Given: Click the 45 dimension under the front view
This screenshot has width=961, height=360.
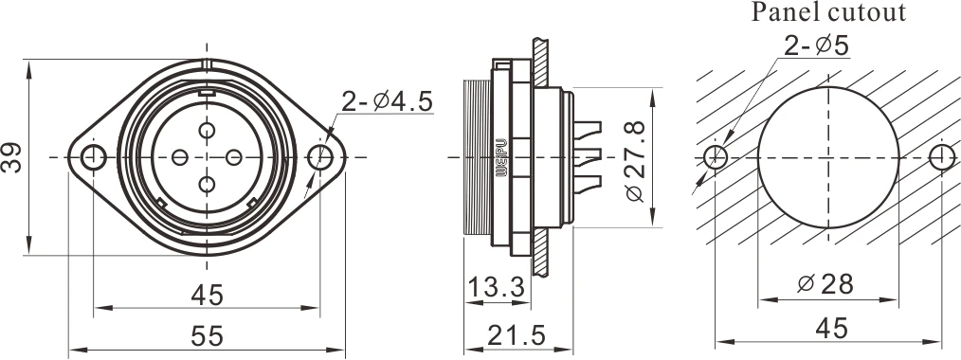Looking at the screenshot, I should (x=207, y=296).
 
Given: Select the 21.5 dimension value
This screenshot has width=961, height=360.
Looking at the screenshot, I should (x=514, y=334).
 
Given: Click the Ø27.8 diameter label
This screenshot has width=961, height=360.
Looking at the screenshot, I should (x=635, y=158).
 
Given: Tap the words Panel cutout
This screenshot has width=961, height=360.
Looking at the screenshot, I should (x=829, y=13).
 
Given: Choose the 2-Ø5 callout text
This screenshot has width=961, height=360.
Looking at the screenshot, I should (x=821, y=45).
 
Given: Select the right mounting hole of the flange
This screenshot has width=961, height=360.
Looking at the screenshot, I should (x=320, y=156).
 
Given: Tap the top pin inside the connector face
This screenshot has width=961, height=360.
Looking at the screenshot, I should (x=207, y=131).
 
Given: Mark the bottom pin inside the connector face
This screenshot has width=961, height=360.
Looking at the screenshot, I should (x=207, y=182).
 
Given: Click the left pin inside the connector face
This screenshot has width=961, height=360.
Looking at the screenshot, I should (x=180, y=156).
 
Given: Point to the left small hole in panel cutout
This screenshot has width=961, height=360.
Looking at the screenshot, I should (x=716, y=156).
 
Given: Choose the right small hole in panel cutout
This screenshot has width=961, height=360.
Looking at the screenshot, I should (x=940, y=156).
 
